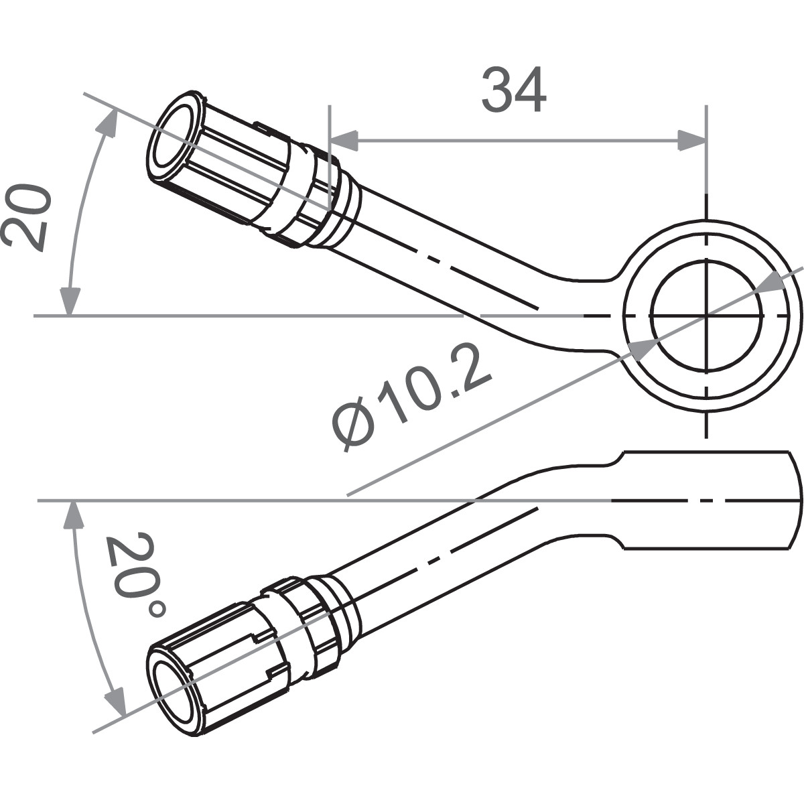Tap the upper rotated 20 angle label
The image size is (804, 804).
27,218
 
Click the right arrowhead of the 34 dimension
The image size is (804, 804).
693,141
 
